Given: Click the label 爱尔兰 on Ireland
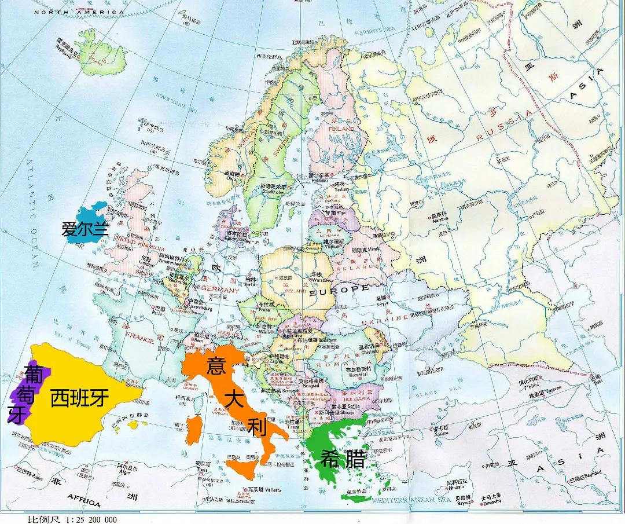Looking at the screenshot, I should click(x=85, y=229).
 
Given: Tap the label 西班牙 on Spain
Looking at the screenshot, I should click(x=79, y=398).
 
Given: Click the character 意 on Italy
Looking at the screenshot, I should click(x=215, y=366).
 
